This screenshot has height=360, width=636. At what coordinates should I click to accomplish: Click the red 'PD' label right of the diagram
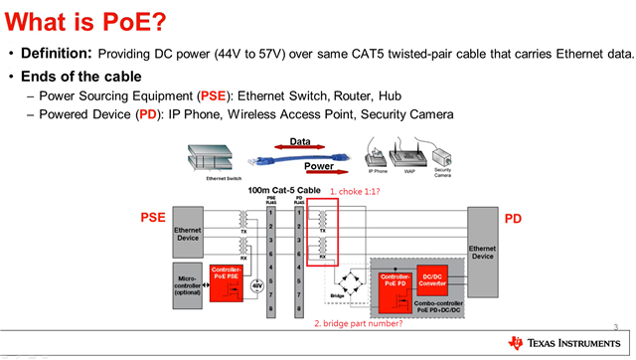coord(513,218)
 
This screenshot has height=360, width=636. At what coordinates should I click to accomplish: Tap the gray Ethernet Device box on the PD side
coord(482,251)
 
